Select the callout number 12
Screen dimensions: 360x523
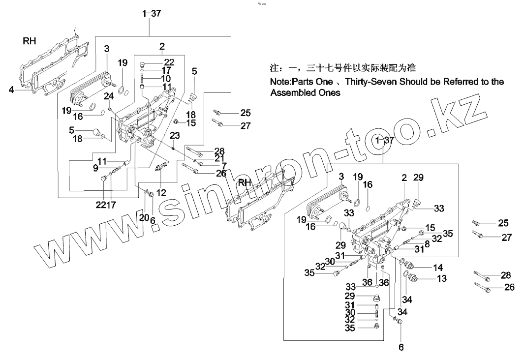(161, 191)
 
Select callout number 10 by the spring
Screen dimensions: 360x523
(165, 79)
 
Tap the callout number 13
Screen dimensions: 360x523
(441, 279)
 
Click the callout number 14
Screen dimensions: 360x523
(438, 268)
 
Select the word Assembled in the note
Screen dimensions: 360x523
(294, 92)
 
